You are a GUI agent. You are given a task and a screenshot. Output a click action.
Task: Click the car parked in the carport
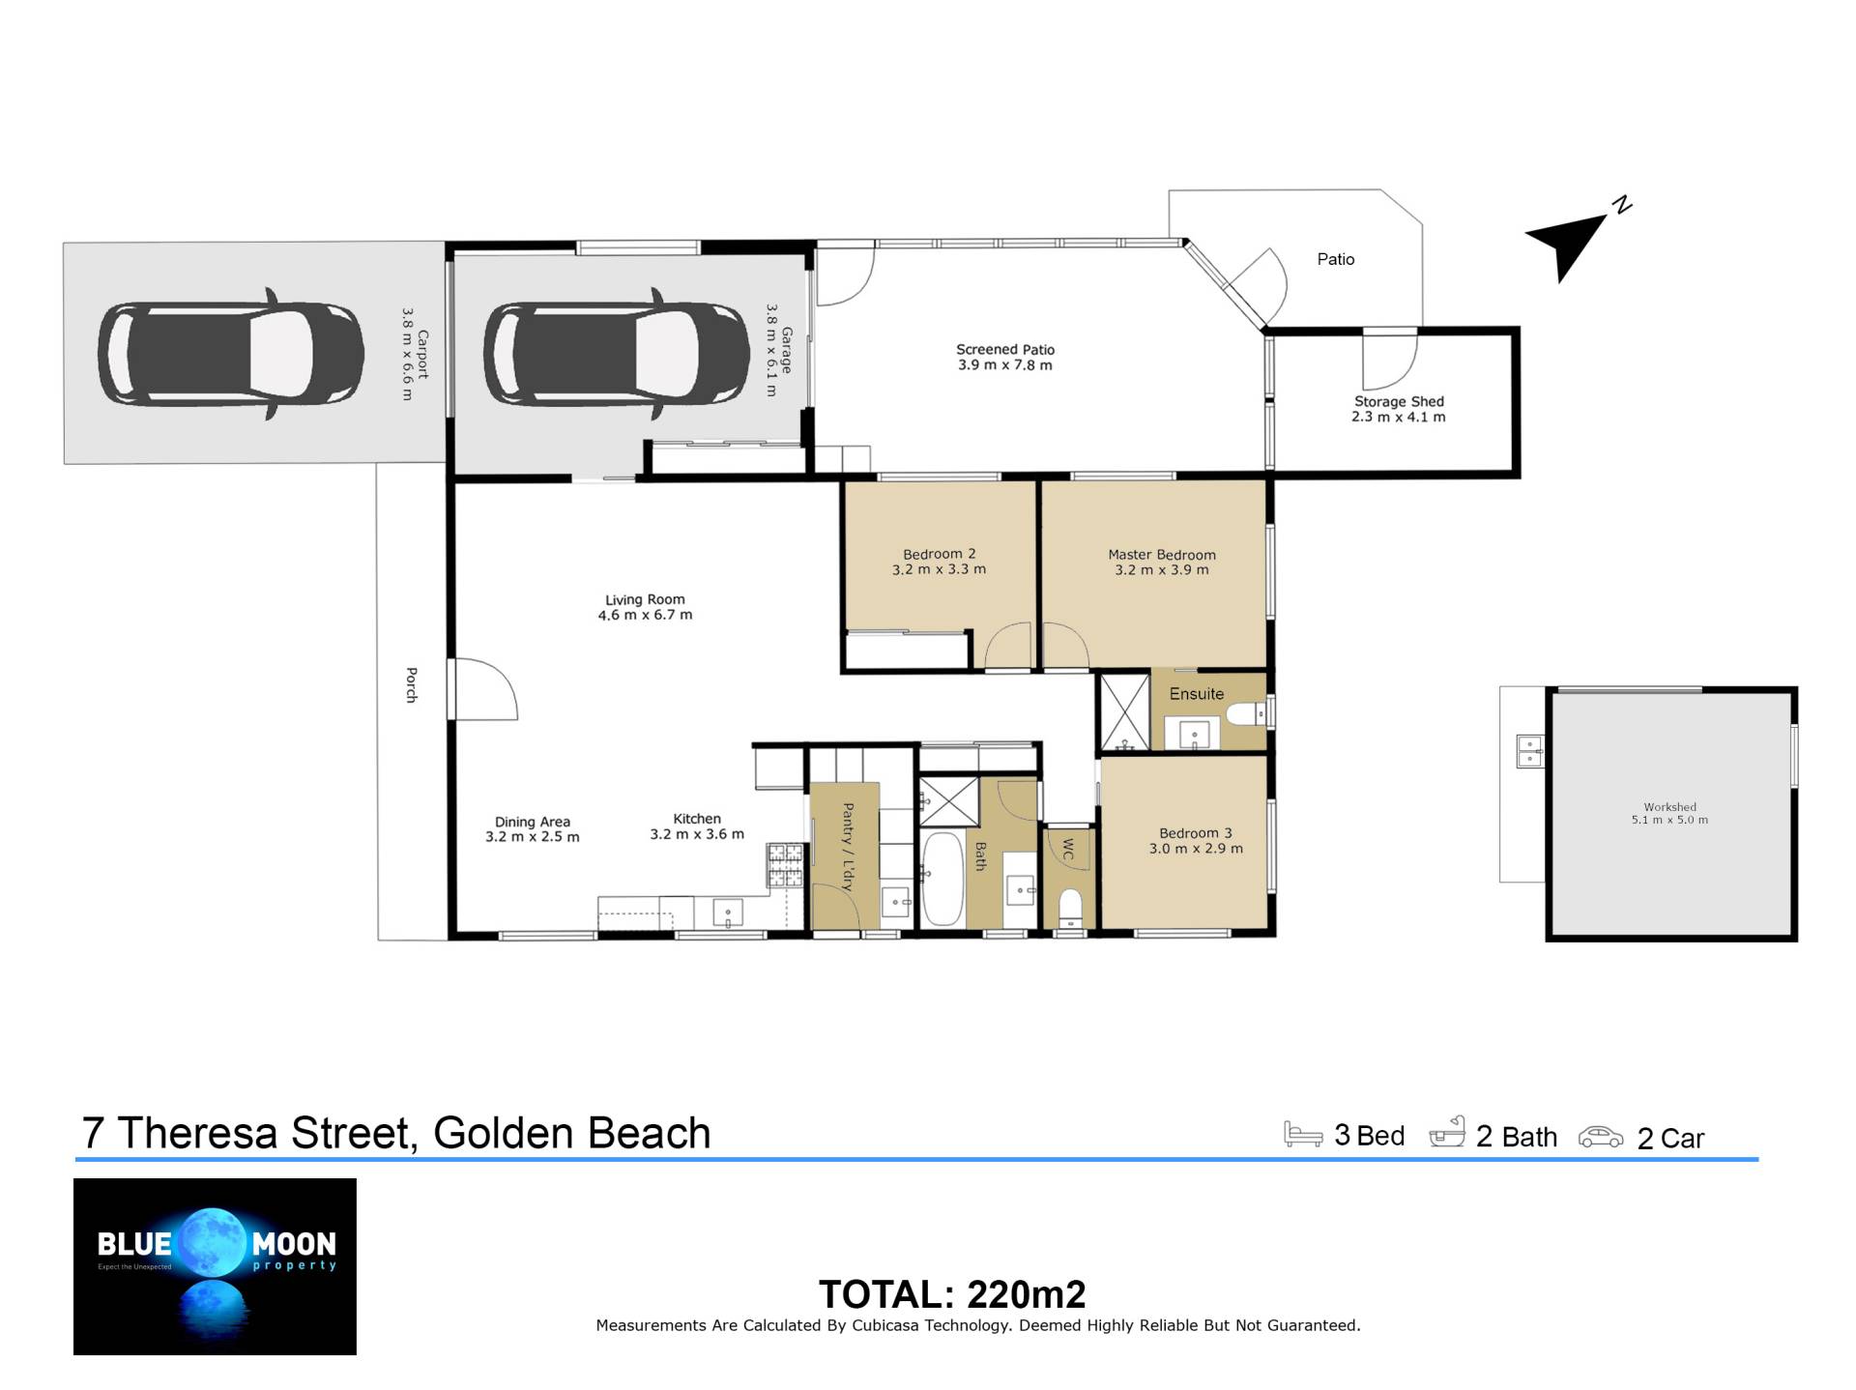[231, 354]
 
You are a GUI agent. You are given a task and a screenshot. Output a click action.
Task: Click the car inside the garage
[617, 354]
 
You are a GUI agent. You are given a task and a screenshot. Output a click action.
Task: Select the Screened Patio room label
[1005, 349]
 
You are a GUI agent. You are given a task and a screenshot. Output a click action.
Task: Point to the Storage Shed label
[1399, 401]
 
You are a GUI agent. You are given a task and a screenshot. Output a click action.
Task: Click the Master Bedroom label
[1162, 555]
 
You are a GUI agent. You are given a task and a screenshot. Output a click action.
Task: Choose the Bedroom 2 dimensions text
[939, 569]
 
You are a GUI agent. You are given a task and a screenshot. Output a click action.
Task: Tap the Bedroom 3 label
[1196, 833]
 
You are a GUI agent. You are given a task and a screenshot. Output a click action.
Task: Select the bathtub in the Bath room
[942, 879]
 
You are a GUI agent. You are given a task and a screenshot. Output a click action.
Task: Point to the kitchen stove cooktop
[785, 865]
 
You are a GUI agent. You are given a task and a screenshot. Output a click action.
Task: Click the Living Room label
[645, 599]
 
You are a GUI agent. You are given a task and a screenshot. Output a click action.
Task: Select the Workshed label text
[1670, 807]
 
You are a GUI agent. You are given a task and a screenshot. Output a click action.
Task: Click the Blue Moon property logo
[215, 1266]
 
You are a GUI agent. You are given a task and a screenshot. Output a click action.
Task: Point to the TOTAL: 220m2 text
[952, 1294]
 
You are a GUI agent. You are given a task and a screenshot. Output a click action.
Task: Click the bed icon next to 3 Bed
[1303, 1134]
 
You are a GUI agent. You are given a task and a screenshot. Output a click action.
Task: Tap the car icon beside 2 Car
[1601, 1137]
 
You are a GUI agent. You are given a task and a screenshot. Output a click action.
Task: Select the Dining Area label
[533, 822]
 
